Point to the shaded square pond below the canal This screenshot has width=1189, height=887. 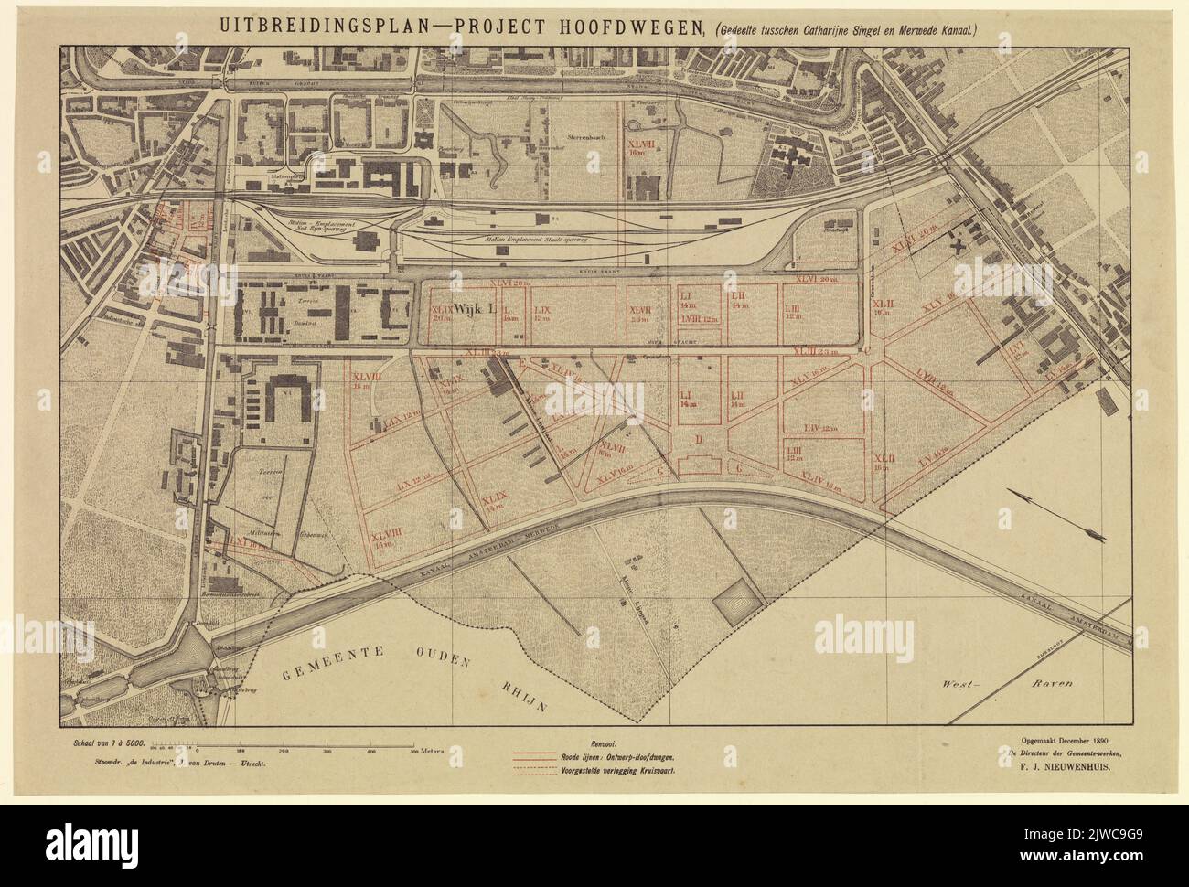click(737, 604)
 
